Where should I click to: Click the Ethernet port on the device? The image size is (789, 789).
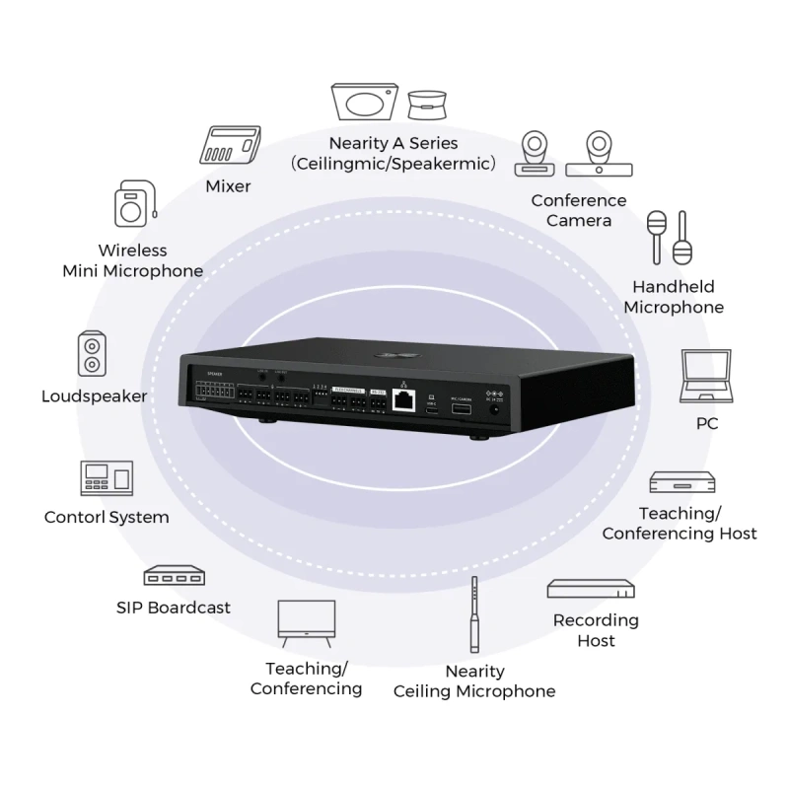click(404, 398)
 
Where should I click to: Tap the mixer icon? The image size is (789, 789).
click(229, 146)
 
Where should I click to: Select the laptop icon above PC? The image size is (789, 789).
click(706, 376)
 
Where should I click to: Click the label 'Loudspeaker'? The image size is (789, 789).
click(95, 396)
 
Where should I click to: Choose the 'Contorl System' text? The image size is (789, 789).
click(107, 517)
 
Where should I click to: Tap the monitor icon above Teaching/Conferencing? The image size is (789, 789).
click(306, 620)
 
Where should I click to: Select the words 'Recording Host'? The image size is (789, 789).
click(596, 630)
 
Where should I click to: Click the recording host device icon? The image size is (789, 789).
click(591, 589)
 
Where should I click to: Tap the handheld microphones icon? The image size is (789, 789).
click(668, 237)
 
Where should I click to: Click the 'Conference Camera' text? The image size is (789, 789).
click(579, 210)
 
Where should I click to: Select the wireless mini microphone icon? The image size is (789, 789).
click(134, 204)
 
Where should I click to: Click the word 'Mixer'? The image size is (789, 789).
click(228, 185)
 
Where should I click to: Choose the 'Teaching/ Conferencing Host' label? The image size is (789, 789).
click(680, 524)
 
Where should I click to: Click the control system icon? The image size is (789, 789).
click(106, 477)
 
